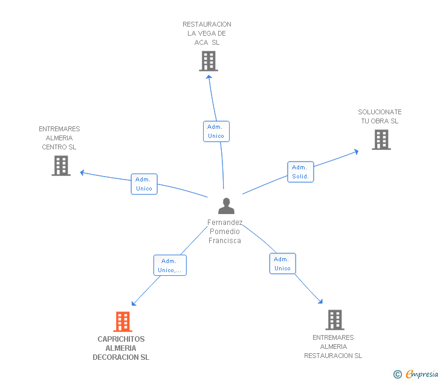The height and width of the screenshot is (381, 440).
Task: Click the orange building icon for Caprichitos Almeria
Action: click(x=123, y=322)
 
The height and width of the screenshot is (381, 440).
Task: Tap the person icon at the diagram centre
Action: click(x=226, y=206)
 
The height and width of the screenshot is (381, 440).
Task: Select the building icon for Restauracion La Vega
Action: click(x=208, y=61)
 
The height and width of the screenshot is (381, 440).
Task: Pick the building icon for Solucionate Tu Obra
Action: click(x=381, y=140)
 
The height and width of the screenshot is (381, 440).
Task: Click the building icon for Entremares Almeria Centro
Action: click(x=60, y=166)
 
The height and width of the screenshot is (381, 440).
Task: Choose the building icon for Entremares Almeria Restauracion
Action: click(x=334, y=320)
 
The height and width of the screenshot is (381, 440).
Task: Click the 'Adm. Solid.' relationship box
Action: click(x=300, y=172)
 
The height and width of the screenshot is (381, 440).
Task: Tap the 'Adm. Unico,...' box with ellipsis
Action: click(x=170, y=265)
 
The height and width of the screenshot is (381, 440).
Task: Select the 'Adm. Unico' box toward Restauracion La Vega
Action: click(x=216, y=131)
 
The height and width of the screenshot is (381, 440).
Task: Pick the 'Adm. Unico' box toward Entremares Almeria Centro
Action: click(x=144, y=184)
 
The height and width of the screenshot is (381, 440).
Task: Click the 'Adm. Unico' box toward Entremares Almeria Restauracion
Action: click(x=282, y=264)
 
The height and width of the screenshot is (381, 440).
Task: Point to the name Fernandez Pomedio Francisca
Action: click(x=225, y=232)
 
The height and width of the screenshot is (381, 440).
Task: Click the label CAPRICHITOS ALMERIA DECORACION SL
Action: click(x=121, y=348)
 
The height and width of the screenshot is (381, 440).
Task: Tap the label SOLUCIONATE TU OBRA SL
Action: click(x=380, y=117)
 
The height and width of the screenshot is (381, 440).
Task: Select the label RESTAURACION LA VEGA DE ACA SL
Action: click(x=207, y=33)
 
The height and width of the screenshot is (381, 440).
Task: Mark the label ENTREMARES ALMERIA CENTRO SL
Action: click(x=59, y=138)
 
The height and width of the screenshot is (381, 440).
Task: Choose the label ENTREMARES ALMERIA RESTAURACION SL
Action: click(x=333, y=347)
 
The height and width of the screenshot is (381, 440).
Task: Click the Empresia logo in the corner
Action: click(x=416, y=374)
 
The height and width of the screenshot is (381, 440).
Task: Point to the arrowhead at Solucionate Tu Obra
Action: click(x=356, y=151)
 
